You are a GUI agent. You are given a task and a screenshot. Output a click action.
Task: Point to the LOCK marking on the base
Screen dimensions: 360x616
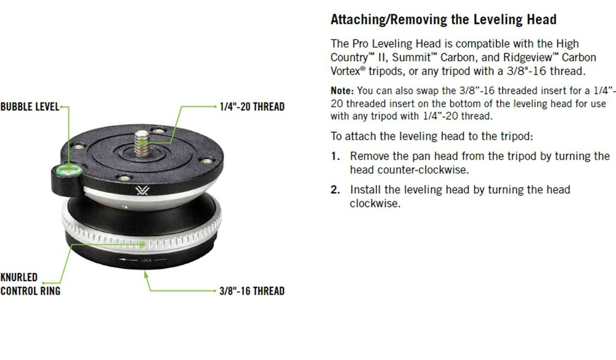pyautogui.click(x=146, y=261)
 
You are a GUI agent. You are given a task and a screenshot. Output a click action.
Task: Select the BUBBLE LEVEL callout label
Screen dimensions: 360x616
pyautogui.click(x=30, y=107)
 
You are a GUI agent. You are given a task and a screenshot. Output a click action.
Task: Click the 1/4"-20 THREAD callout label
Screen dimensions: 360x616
pyautogui.click(x=252, y=107)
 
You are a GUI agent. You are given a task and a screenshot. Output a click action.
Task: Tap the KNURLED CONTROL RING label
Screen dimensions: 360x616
pyautogui.click(x=30, y=284)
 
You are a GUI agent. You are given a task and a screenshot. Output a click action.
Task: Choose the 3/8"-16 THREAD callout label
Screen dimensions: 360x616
pyautogui.click(x=252, y=290)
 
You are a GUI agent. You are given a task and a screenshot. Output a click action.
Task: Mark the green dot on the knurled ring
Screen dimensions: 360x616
pyautogui.click(x=142, y=244)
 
